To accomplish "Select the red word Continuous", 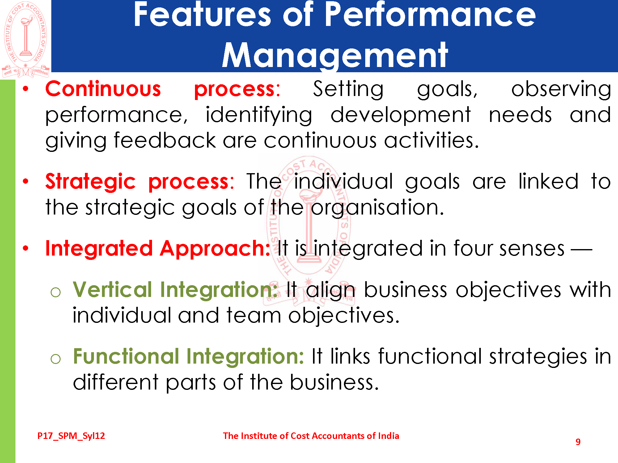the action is (x=103, y=89).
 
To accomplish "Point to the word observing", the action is (x=561, y=90).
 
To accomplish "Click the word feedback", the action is (x=165, y=140).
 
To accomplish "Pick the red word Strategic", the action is (x=91, y=182).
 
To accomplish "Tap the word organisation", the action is (x=377, y=208).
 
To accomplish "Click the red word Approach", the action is (x=215, y=249).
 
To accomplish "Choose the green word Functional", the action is (x=126, y=356).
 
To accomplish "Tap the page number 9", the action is (x=578, y=442).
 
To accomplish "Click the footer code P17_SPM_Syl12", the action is (x=71, y=436).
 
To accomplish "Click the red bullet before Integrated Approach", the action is (x=26, y=248).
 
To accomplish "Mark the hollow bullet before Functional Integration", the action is (x=56, y=359).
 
